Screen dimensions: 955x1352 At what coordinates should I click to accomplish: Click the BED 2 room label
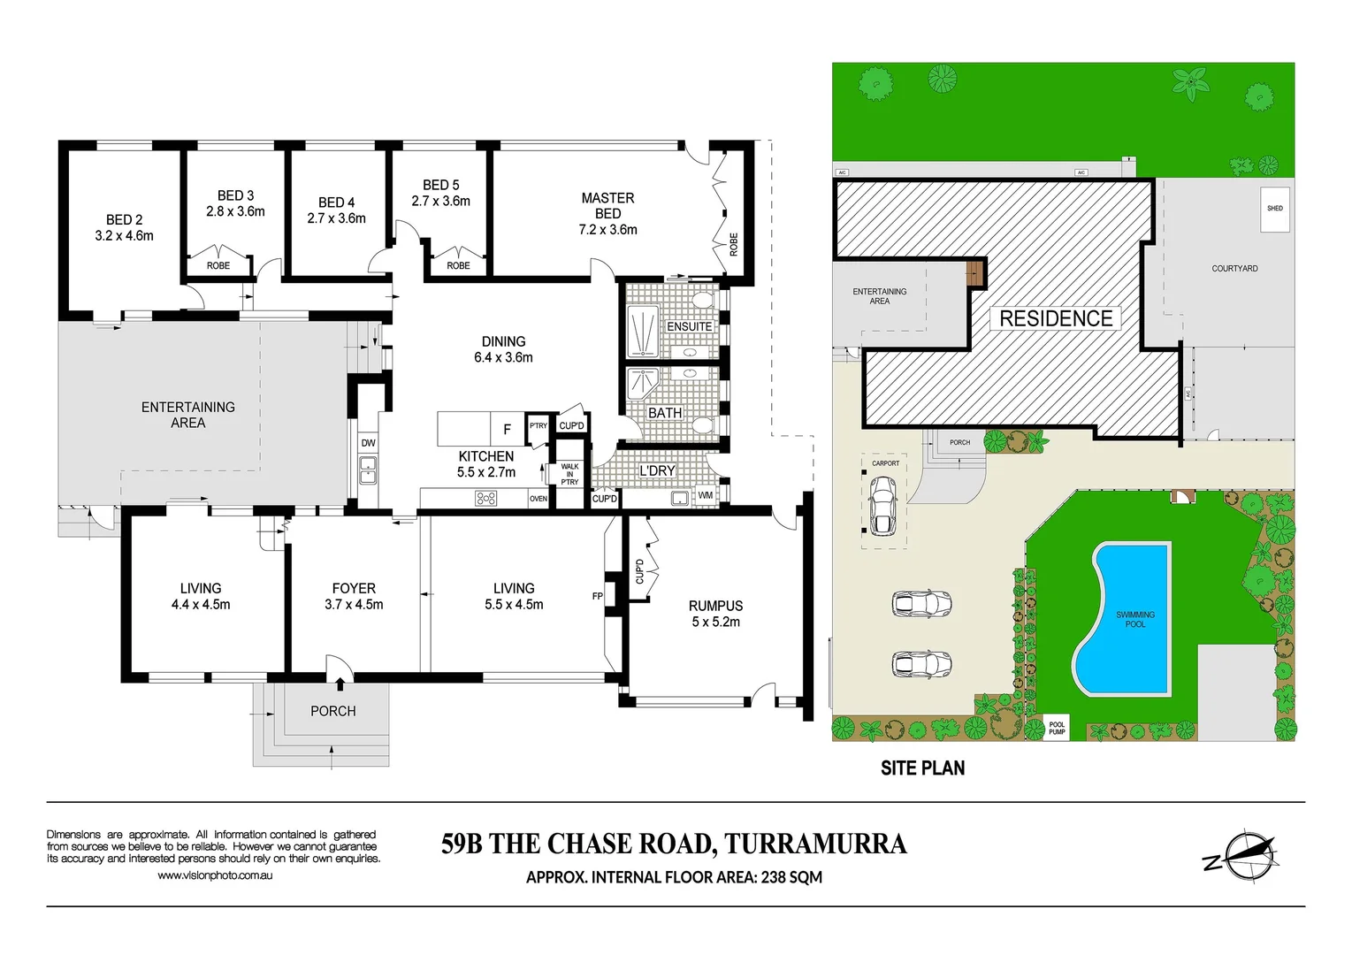[124, 219]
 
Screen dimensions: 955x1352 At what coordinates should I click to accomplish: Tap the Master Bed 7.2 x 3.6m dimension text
[607, 230]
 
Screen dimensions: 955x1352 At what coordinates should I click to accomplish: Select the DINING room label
[503, 341]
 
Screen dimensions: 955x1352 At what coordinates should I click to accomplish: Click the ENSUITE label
[689, 326]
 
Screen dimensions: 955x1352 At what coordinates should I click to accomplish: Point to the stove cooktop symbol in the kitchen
[485, 499]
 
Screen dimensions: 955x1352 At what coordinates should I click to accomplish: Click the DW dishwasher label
[368, 443]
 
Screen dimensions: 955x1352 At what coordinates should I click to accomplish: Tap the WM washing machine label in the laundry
[705, 496]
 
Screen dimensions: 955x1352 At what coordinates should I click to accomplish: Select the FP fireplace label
[598, 596]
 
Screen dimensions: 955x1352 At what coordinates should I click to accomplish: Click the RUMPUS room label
[715, 606]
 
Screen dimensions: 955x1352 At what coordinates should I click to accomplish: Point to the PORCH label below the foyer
[332, 711]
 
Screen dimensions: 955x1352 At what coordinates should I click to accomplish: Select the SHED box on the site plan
[1274, 209]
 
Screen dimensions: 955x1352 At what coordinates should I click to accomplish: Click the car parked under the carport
[882, 506]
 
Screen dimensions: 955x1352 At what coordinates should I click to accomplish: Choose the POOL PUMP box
[1057, 728]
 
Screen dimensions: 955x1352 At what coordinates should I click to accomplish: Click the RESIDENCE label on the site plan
[1056, 318]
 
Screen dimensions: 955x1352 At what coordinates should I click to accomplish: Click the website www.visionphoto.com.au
[214, 875]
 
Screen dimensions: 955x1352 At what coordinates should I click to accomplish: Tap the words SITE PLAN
[922, 768]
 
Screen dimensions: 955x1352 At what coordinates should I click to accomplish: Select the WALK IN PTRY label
[569, 474]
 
